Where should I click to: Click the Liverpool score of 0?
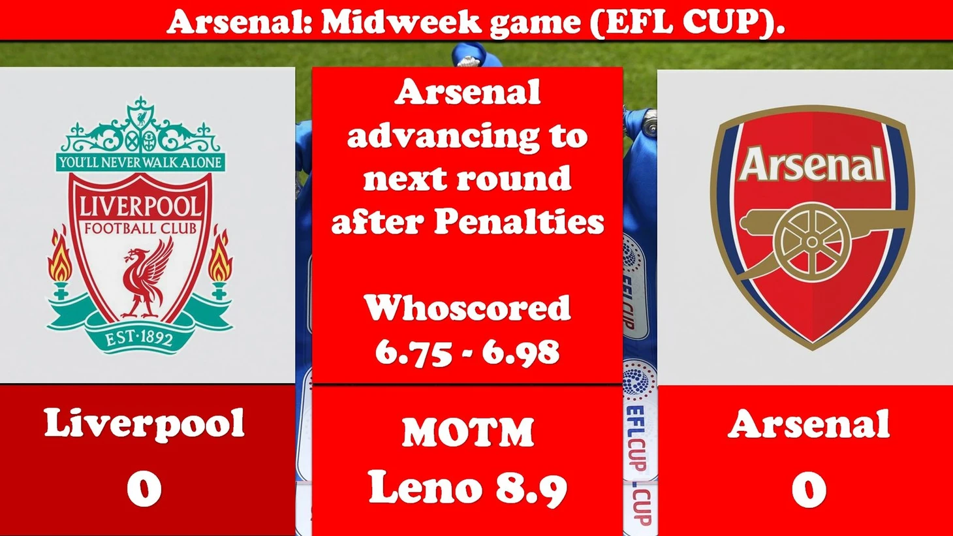tap(144, 489)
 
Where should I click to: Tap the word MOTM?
tap(468, 432)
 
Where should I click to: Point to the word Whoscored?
tap(467, 308)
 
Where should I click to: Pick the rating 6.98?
tap(521, 352)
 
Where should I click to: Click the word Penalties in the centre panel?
tap(519, 221)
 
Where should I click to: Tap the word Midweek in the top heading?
tap(401, 22)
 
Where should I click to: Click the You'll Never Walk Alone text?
tap(140, 163)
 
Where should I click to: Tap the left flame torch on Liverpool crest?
tap(61, 264)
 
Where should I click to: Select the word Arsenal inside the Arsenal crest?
tap(812, 165)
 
